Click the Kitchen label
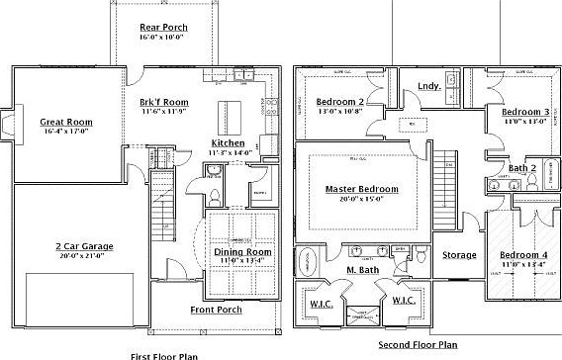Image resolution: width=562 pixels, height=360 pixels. [228, 143]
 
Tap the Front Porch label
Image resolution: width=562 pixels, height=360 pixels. [216, 311]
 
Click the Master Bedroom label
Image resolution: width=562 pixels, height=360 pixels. [362, 189]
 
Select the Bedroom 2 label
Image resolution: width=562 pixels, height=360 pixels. [339, 102]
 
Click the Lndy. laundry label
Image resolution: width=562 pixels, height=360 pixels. [429, 86]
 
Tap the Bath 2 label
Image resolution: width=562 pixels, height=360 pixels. [522, 168]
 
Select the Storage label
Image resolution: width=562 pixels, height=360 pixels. [458, 255]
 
